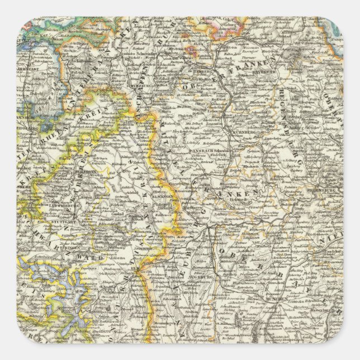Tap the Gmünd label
tap(119, 215)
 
